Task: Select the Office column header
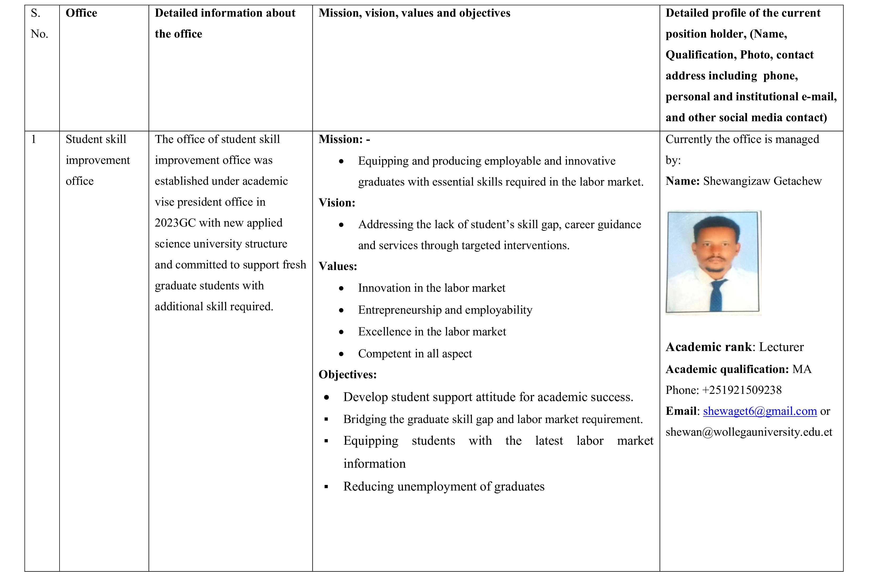[81, 13]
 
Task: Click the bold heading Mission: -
[344, 139]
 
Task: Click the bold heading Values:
[337, 266]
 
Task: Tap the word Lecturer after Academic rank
[781, 347]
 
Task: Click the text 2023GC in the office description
[175, 223]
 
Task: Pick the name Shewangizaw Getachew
[762, 181]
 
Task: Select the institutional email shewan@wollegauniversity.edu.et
[749, 432]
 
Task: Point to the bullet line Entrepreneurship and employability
[445, 310]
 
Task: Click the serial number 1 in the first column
[34, 139]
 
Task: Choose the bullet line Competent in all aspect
[415, 353]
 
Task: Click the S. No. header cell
[39, 24]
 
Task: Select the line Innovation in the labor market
[431, 288]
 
